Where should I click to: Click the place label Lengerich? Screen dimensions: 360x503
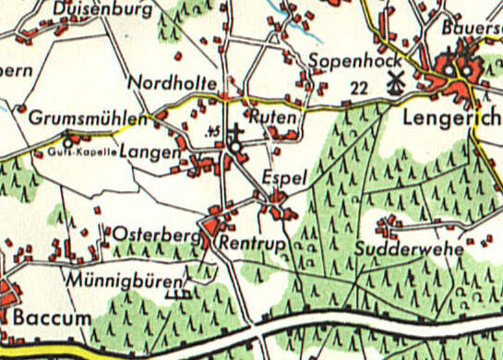coord(451,119)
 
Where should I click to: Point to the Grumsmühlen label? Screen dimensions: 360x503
coord(88,120)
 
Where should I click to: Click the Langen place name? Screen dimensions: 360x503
coord(150,152)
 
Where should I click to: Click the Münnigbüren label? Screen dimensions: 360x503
coord(126,277)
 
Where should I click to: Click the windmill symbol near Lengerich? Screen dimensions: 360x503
coord(397,82)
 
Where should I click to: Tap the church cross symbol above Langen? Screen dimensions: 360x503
coord(235,132)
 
